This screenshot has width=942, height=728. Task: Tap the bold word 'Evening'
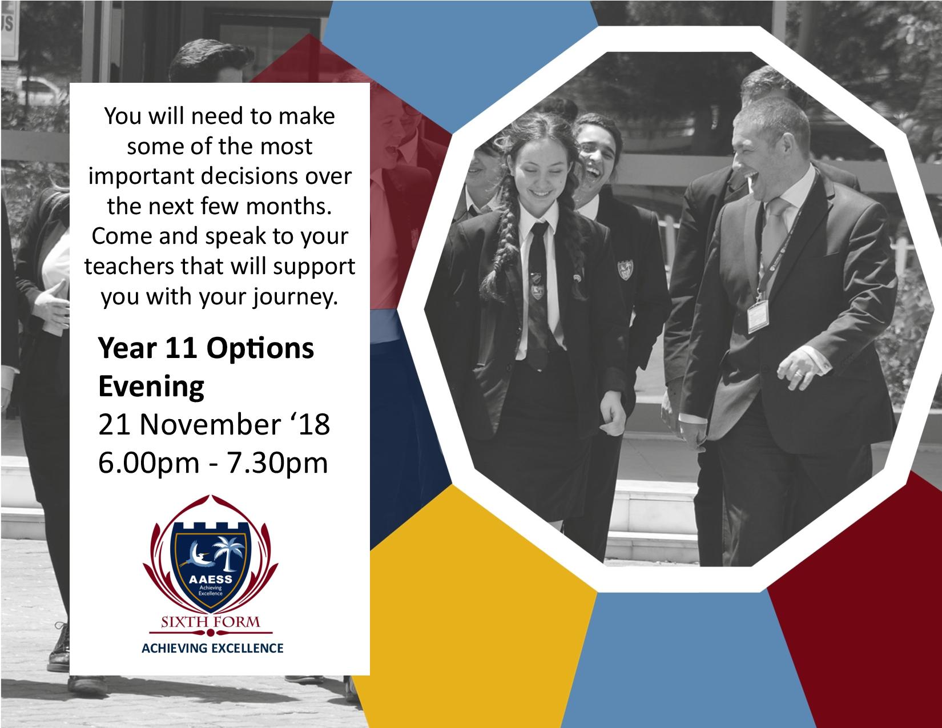coord(151,387)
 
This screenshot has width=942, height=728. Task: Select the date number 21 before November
coord(114,424)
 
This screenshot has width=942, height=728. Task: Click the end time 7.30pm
coord(277,463)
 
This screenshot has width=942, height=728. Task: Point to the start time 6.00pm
coord(148,463)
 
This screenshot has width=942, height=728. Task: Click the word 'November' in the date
coord(210,424)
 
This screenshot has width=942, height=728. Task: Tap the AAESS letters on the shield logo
coord(211,580)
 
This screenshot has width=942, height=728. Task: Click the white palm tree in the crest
coord(229,552)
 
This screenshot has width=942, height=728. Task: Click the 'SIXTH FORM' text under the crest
coord(211,622)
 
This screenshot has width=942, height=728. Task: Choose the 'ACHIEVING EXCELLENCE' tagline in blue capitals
coord(212,648)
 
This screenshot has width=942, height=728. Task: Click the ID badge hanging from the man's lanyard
coord(758,316)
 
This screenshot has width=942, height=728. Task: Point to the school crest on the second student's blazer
coord(625,270)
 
